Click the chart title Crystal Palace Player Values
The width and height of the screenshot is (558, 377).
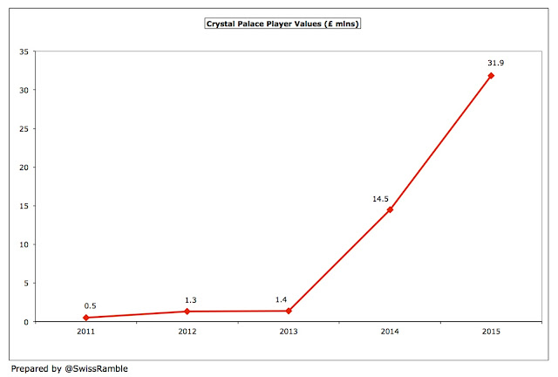click(282, 24)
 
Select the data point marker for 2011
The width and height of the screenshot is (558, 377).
click(86, 318)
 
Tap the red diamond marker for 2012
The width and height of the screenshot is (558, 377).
click(187, 312)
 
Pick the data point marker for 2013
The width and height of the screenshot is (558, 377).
click(289, 311)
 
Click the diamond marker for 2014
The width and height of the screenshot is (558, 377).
click(390, 209)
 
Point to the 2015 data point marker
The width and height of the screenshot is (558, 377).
click(491, 76)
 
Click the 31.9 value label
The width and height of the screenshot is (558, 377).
click(496, 63)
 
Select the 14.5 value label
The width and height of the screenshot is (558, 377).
click(380, 199)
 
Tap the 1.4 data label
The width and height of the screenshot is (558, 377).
click(281, 299)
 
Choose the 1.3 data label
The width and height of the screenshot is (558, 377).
click(190, 300)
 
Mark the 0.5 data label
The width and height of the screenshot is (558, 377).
click(90, 305)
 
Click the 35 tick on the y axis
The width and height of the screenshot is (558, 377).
click(24, 51)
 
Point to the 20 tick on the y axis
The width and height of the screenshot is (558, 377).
click(24, 168)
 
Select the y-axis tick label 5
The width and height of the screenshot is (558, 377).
click(26, 284)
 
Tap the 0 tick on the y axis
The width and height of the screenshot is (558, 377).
click(26, 322)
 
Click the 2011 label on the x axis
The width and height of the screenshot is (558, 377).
click(86, 332)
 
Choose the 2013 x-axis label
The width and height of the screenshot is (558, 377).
click(289, 332)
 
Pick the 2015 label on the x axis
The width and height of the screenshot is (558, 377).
click(491, 332)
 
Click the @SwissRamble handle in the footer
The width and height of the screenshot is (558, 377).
click(96, 368)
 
